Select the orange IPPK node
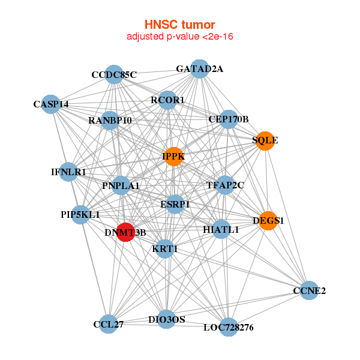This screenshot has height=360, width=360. (173, 157)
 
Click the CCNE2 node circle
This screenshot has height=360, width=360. (308, 291)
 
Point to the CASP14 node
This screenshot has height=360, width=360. (51, 104)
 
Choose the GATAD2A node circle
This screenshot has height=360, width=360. (199, 69)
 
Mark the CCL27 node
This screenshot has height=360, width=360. (109, 324)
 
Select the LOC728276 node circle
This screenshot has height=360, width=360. (228, 327)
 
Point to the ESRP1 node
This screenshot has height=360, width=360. (175, 205)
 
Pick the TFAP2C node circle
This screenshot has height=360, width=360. (225, 185)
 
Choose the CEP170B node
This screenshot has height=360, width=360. (229, 119)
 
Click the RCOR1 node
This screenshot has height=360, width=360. (168, 100)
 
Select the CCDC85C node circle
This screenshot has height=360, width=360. (114, 74)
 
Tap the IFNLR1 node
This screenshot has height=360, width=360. (68, 172)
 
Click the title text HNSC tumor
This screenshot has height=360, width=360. (179, 25)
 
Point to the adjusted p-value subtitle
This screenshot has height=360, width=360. (179, 37)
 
